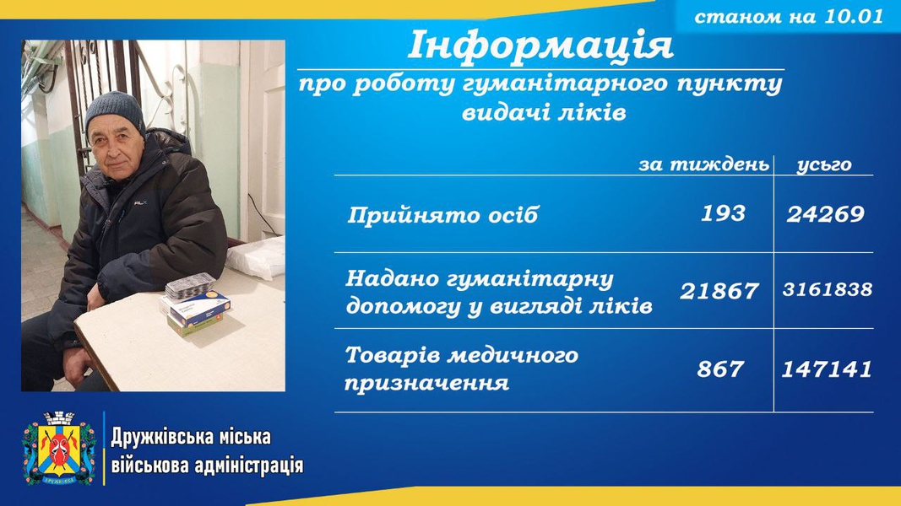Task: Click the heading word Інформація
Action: coord(540,46)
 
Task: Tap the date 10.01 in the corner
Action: coord(854,16)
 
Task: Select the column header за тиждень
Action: coord(704,164)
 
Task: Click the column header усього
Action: coord(824,165)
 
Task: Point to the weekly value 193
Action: coord(723,213)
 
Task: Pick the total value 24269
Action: coord(825,214)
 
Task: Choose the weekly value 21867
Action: coord(719,291)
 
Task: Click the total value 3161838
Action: coord(828,289)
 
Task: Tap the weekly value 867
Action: coord(720,369)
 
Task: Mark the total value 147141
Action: coord(827,369)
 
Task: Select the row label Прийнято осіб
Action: coord(442,215)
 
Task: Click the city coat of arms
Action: coord(59,448)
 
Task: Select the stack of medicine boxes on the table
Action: coord(194,305)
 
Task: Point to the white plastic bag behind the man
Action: coord(257,257)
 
